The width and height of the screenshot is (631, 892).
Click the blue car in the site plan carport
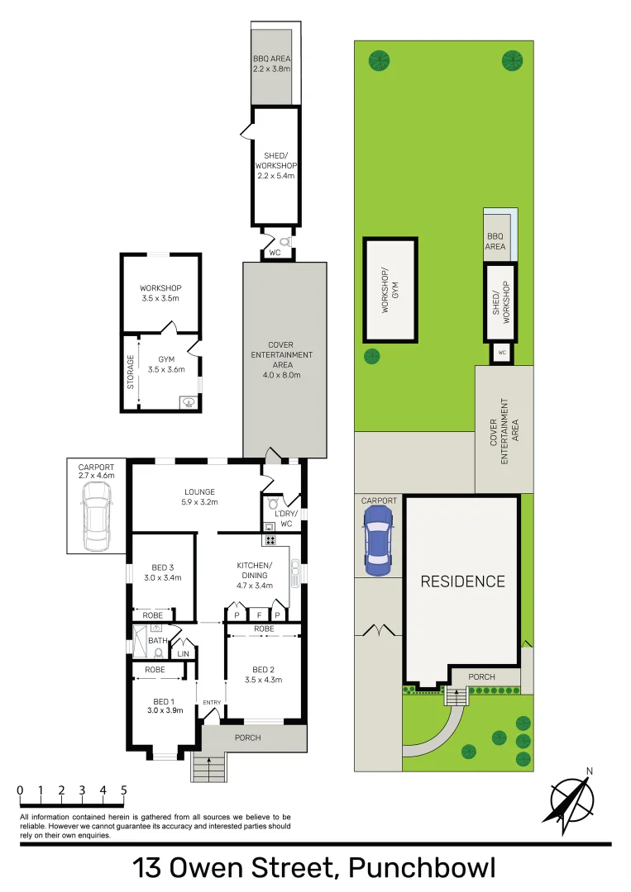click(378, 541)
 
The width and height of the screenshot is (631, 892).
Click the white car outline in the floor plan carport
click(97, 516)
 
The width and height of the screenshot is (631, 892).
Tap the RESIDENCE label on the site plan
click(462, 581)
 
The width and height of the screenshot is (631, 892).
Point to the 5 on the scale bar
click(124, 790)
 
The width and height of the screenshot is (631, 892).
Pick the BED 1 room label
click(163, 705)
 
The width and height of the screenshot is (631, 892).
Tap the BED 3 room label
click(162, 572)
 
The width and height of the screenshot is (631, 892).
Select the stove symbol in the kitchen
click(269, 540)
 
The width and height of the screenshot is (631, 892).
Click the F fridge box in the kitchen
click(258, 615)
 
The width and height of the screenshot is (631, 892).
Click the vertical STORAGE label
click(130, 372)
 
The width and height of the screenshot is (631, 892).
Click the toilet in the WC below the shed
click(284, 242)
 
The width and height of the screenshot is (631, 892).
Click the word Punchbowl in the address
click(422, 868)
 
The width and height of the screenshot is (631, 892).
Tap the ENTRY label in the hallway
click(211, 702)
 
